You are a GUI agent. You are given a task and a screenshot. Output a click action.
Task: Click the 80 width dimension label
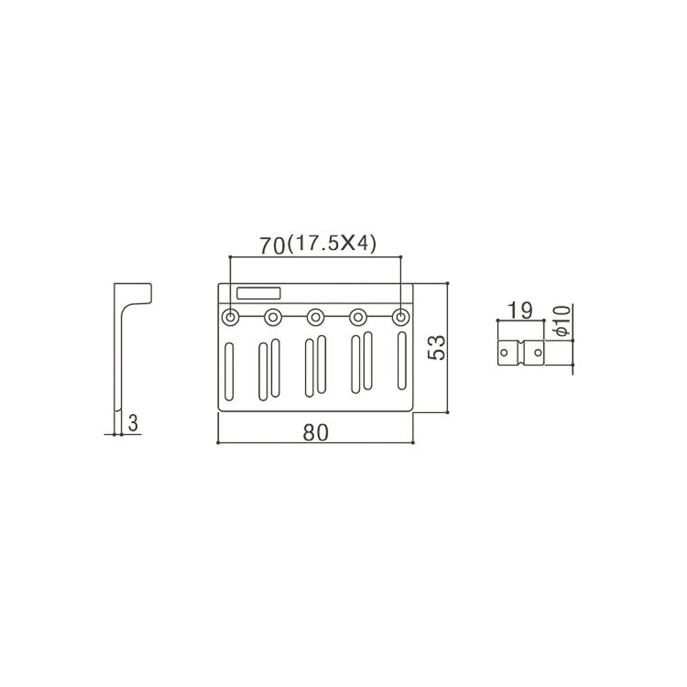coord(315,432)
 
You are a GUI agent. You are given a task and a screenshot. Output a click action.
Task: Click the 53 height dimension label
coord(436,348)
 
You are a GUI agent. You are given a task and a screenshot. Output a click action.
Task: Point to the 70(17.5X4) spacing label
coord(317,245)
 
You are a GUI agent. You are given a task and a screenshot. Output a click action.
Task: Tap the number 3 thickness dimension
coord(133,423)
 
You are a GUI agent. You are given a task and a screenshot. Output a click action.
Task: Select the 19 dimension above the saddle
coord(520,311)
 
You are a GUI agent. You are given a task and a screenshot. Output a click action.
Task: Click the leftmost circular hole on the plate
coord(230,317)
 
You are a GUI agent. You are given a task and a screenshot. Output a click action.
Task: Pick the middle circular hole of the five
coord(315,317)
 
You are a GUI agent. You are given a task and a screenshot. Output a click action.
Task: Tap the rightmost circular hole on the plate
coord(401,317)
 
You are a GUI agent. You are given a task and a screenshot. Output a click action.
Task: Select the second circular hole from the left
coord(273,317)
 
